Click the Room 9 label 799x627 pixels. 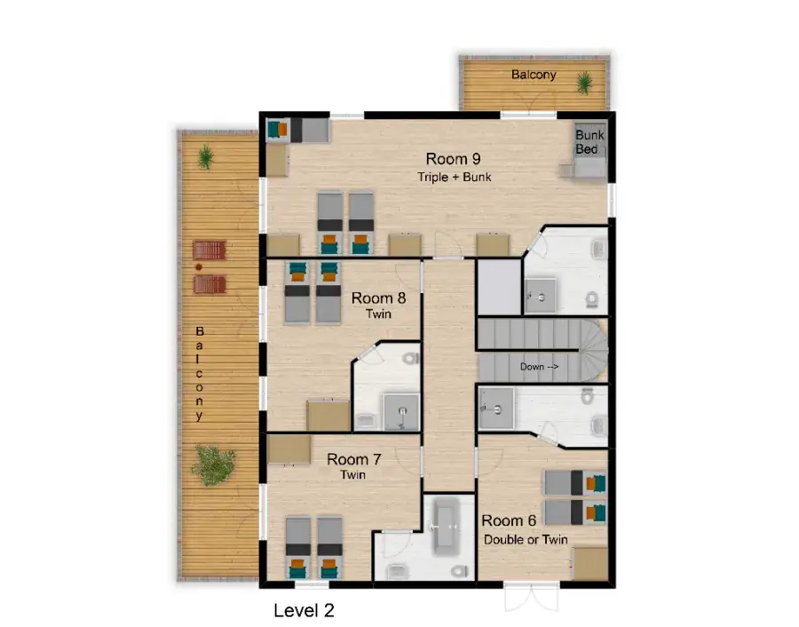tap(453, 159)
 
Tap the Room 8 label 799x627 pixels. tap(378, 298)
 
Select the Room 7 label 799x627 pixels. tap(354, 459)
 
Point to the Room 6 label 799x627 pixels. tap(509, 520)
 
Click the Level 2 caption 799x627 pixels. tap(304, 610)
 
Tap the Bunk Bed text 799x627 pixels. tap(589, 142)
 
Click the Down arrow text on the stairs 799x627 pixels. tap(539, 367)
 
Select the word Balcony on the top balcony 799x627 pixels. tap(534, 75)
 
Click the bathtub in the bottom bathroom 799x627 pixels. tap(447, 525)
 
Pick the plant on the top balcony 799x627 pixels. tap(584, 83)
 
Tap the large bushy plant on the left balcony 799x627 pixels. tap(213, 464)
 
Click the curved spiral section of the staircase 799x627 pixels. tap(593, 351)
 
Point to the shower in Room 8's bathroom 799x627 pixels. tap(401, 411)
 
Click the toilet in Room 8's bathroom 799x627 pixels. tap(410, 359)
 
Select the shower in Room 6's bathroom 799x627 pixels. tap(495, 408)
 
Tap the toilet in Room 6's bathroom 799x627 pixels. tap(588, 395)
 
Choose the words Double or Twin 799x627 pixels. tap(526, 539)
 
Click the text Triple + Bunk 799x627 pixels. tap(454, 177)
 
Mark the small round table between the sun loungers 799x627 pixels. tap(199, 266)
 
